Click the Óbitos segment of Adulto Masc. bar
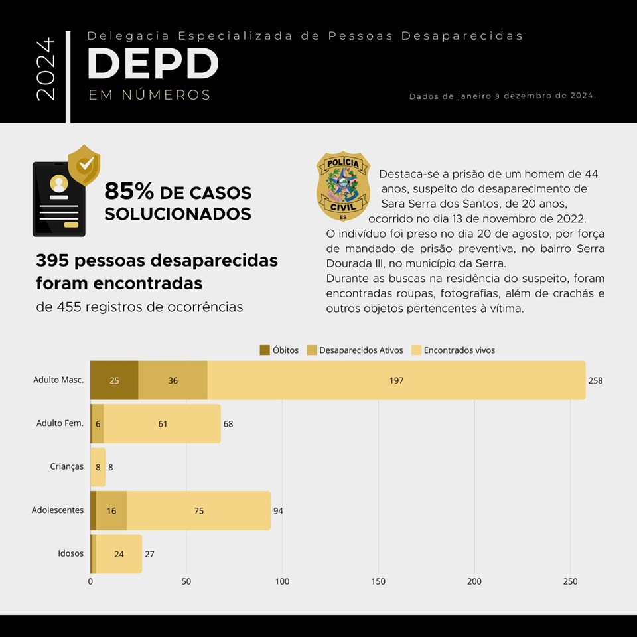tap(114, 380)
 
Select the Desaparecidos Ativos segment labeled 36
tap(173, 380)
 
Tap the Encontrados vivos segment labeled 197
tap(396, 380)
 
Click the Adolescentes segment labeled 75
tap(198, 510)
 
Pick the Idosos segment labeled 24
tap(119, 554)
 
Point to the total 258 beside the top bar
tap(595, 380)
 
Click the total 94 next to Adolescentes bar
tap(278, 510)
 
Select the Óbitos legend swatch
tap(264, 350)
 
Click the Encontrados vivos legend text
tap(459, 350)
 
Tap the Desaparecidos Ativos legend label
tap(361, 350)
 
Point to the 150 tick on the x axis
tap(378, 582)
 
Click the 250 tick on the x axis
tap(570, 582)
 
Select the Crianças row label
tap(66, 466)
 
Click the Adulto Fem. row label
tap(60, 423)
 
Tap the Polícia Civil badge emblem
tap(342, 186)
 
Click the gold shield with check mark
tap(84, 164)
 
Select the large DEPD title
tap(153, 64)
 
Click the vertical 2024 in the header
tap(46, 69)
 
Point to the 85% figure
tap(129, 192)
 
